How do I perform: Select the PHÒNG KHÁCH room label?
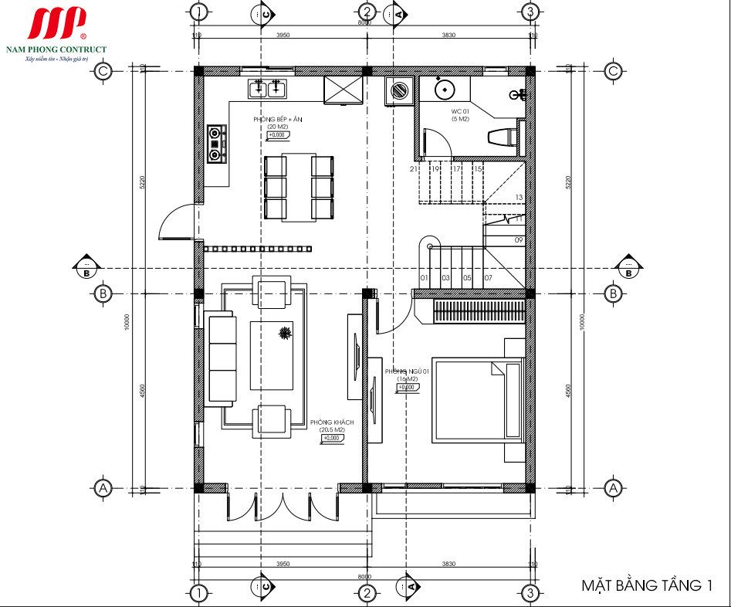pos(332,422)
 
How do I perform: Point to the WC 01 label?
pos(460,112)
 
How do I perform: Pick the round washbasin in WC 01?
pos(445,89)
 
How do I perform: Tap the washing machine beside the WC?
pos(399,90)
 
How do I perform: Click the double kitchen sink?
pos(267,89)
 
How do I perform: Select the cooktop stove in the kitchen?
pos(216,143)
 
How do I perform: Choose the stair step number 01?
pos(424,277)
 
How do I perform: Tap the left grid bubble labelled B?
pos(102,293)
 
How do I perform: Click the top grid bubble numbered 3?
pos(530,12)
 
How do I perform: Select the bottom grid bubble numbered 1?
pos(199,594)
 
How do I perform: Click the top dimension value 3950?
pos(283,36)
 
